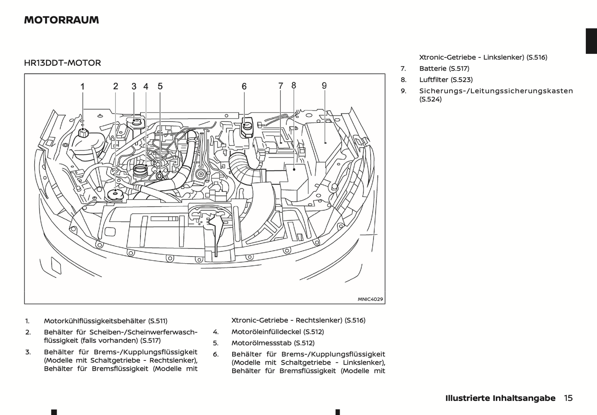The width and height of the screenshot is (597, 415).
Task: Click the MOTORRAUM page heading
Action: coord(62,20)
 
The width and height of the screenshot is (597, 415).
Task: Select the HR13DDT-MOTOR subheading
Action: coord(62,63)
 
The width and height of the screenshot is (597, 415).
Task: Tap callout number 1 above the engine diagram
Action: coord(83,87)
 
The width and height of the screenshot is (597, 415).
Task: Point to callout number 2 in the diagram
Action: coord(116,86)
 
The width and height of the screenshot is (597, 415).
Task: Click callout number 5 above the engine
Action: coord(160,86)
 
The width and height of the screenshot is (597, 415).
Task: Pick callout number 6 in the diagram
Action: coord(244,86)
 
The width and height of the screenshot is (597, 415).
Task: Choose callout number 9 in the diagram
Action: coord(324,86)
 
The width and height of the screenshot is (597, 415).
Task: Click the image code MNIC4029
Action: coord(370,299)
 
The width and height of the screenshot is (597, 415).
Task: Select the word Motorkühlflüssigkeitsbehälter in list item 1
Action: coord(95,321)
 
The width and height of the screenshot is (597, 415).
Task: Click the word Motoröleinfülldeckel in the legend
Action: coord(266,332)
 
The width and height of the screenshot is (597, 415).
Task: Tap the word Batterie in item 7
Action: coord(433,69)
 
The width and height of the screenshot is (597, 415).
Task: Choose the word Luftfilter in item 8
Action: coord(433,80)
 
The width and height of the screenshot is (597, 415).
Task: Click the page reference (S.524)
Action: coord(431,99)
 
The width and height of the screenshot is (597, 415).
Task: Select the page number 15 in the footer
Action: coord(568,398)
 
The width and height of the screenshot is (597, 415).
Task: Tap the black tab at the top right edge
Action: coord(591,41)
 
